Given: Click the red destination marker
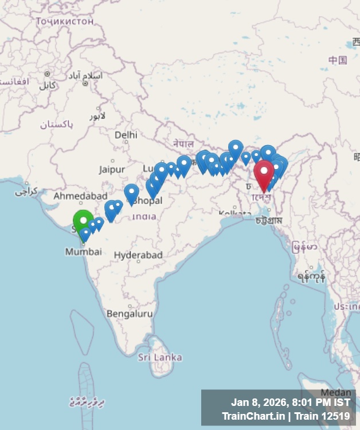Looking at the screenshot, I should (264, 173).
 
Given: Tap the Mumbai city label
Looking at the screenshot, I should (83, 252).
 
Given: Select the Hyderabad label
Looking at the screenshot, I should (138, 255).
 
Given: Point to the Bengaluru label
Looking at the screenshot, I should (130, 314).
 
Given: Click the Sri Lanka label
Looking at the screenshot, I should (160, 357).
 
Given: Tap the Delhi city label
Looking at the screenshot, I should (126, 135).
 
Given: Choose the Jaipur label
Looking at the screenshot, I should (112, 169).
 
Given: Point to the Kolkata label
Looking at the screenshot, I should (235, 213).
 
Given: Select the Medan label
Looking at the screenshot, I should (335, 392).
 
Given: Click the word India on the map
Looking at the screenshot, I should (144, 216).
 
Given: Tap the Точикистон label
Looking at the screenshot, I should (64, 21).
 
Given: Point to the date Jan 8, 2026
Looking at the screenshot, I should (258, 402).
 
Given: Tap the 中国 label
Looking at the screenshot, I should (338, 60).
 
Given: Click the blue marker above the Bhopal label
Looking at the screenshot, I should (132, 192).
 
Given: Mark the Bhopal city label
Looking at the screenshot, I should (147, 201).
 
